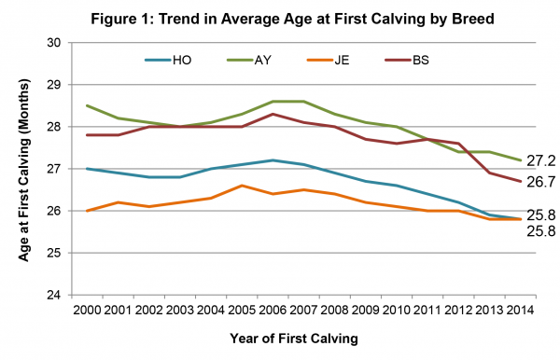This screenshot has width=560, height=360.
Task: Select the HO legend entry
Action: click(x=183, y=62)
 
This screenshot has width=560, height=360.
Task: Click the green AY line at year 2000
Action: click(x=87, y=105)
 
